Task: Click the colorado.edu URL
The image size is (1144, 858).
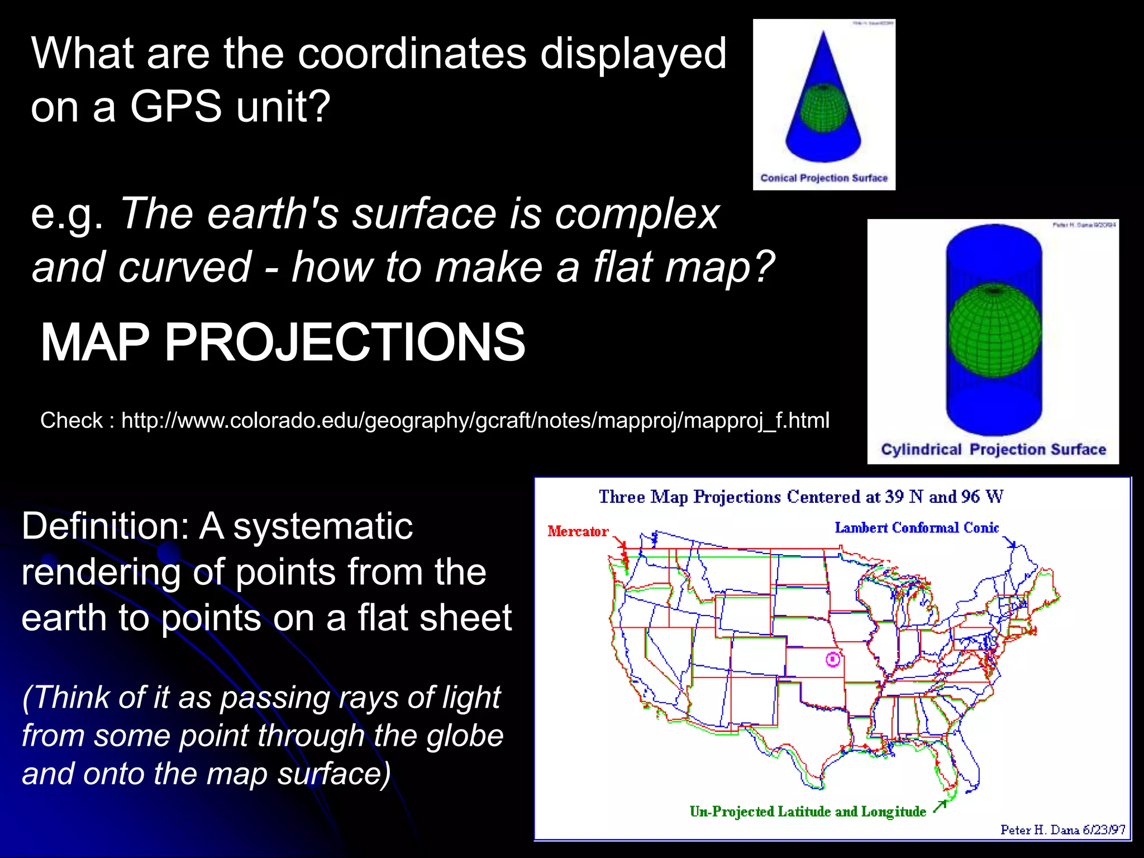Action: coord(475,420)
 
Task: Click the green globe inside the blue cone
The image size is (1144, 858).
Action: coord(823,108)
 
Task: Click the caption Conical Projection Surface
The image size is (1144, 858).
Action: coord(823,178)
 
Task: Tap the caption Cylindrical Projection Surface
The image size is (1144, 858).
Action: coord(993,450)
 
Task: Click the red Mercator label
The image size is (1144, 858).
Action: coord(577,531)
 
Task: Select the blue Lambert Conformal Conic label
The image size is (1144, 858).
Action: coord(916,528)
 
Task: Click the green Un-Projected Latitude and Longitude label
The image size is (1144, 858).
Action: coord(807,812)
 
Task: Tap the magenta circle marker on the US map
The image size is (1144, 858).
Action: coord(832,660)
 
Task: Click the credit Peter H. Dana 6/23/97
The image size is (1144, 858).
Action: coord(1062,830)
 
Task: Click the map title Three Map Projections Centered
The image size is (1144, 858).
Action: coord(800,497)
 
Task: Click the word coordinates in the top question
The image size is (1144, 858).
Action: coord(412,54)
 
